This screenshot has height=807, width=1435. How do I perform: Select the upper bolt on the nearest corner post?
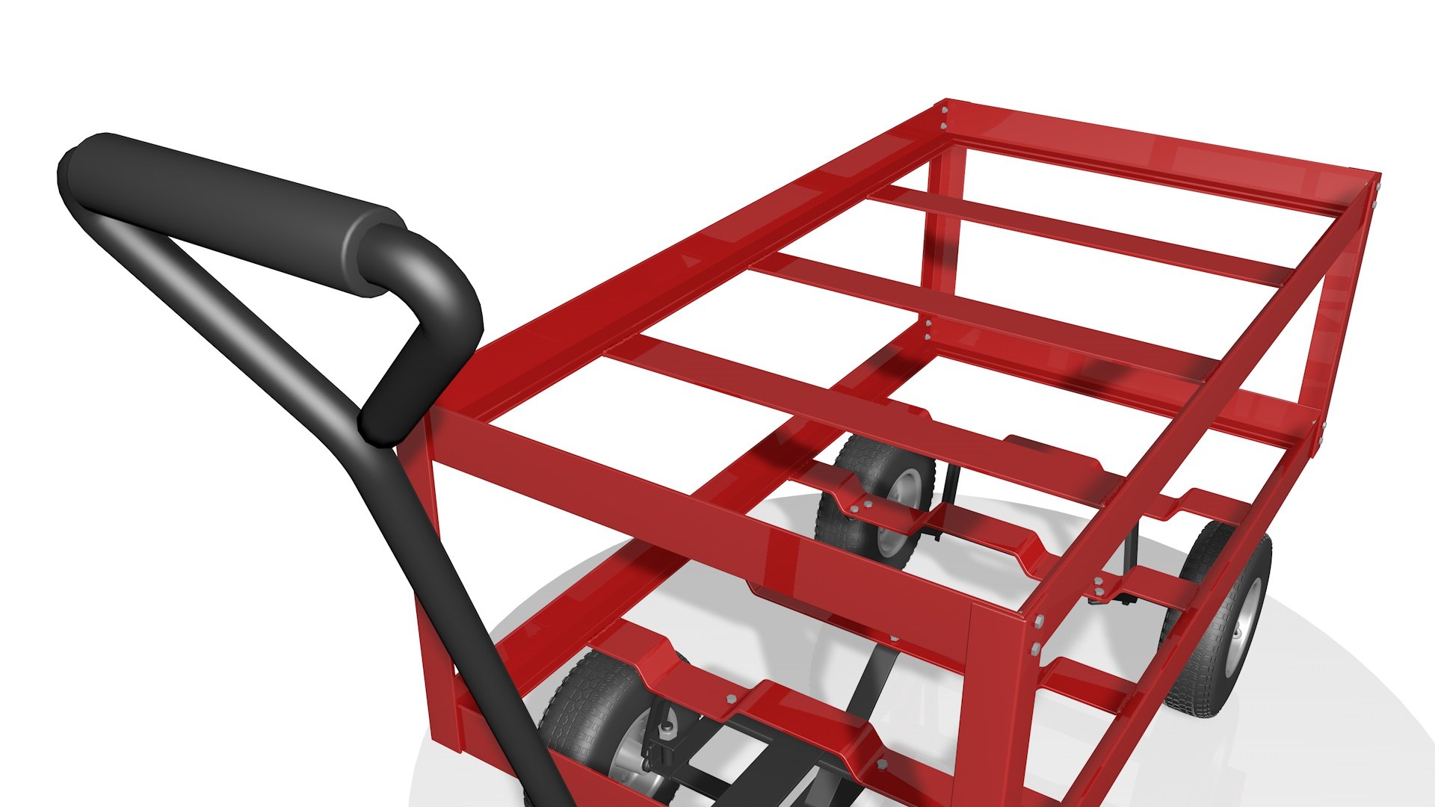tap(1038, 622)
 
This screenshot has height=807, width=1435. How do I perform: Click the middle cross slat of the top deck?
tap(972, 314)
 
